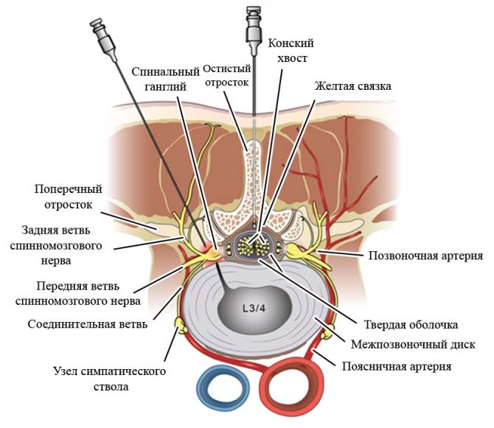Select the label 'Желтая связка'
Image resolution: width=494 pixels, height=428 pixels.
pos(352,86)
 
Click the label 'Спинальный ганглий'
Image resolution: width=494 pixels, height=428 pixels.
pos(166,80)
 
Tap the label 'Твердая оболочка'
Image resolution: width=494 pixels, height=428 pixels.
pos(411,324)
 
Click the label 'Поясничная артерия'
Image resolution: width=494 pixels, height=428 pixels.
pos(408,365)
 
